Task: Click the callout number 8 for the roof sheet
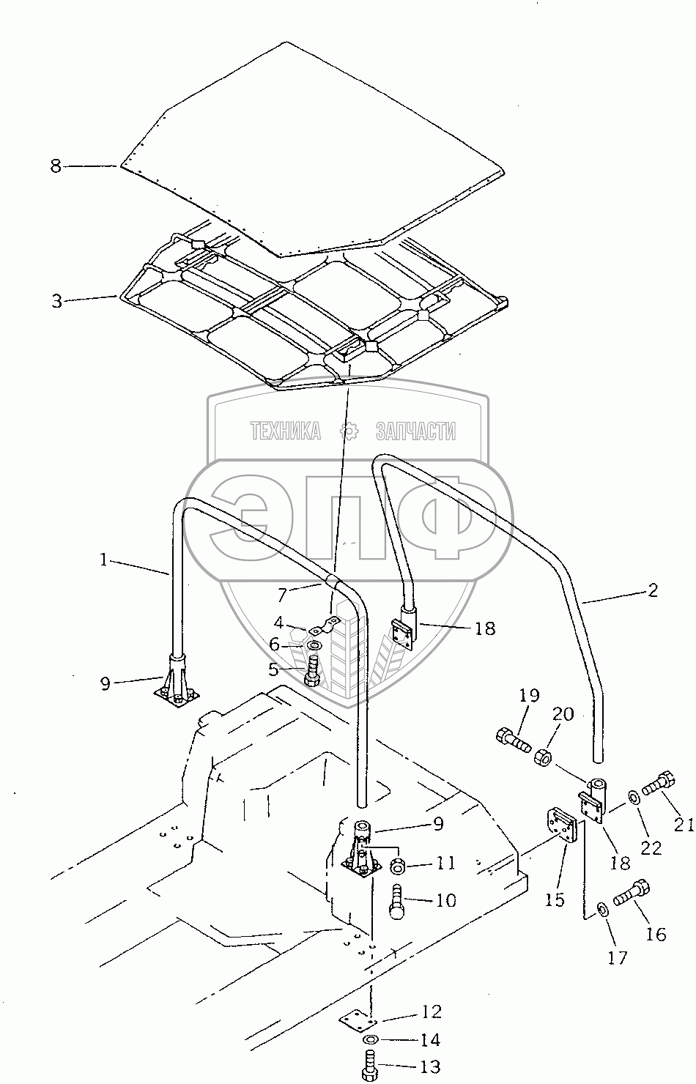[x=56, y=166]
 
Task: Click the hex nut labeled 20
[x=545, y=754]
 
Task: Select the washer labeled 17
[x=603, y=910]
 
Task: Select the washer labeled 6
[x=314, y=645]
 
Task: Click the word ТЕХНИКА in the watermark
[x=286, y=431]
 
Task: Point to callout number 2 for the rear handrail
[x=653, y=590]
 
